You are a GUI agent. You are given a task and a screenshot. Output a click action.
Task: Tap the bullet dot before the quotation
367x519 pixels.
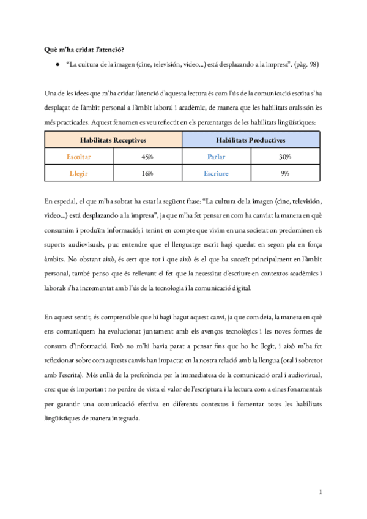point(57,64)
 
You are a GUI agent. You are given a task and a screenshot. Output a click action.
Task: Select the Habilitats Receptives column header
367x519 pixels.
point(113,140)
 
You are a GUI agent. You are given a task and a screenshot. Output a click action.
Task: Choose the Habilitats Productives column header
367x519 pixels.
point(251,140)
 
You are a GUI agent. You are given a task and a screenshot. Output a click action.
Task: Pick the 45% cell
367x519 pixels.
point(147,157)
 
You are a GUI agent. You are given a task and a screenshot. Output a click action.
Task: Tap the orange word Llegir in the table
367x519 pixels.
point(78,174)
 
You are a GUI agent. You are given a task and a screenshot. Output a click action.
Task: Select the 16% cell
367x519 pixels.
point(147,174)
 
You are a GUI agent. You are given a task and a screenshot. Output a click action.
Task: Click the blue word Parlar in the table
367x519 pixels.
point(217,157)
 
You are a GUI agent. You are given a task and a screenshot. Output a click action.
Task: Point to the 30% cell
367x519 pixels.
point(285,157)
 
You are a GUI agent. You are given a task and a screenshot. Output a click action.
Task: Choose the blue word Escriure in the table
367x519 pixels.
point(217,174)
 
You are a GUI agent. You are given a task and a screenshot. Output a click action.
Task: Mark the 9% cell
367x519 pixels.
point(285,174)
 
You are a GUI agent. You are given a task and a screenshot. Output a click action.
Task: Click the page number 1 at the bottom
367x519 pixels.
point(320,491)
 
